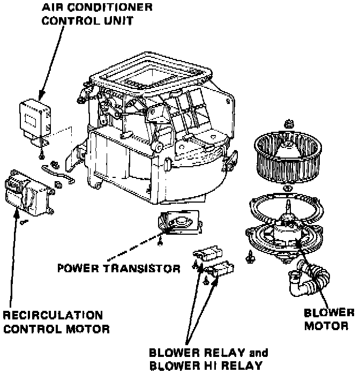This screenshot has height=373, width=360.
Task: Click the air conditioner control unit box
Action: tap(34, 116)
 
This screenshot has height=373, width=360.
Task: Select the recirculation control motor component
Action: tap(28, 195)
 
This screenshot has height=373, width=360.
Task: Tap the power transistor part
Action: tap(179, 222)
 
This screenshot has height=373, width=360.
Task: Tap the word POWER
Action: tap(77, 268)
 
